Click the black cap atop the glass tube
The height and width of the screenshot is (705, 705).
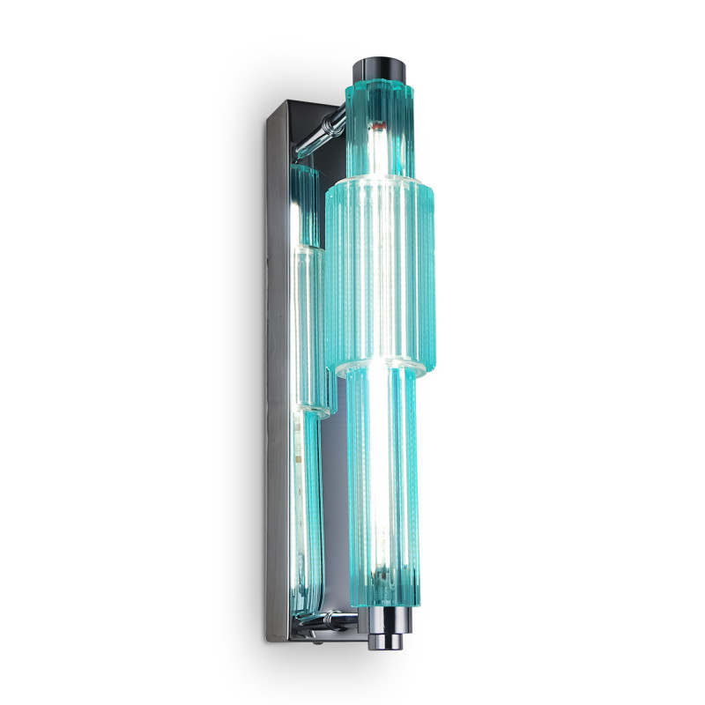(x=382, y=69)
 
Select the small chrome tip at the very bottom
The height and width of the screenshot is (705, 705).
(x=390, y=636)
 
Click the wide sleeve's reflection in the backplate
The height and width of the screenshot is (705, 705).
(x=308, y=282)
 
